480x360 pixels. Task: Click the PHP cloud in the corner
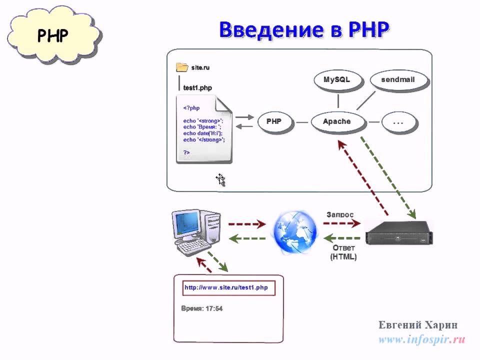pyautogui.click(x=53, y=35)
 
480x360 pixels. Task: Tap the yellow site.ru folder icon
pyautogui.click(x=181, y=67)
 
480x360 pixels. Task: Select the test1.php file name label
pyautogui.click(x=197, y=88)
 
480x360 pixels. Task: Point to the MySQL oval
pyautogui.click(x=336, y=80)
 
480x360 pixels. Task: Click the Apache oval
pyautogui.click(x=336, y=121)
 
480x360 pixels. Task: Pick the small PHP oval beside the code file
pyautogui.click(x=274, y=121)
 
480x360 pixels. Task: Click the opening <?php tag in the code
pyautogui.click(x=191, y=107)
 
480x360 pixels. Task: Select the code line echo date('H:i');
pyautogui.click(x=202, y=133)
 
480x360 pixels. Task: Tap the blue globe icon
pyautogui.click(x=294, y=231)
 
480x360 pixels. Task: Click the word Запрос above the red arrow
pyautogui.click(x=340, y=214)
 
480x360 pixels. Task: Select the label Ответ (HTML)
pyautogui.click(x=343, y=252)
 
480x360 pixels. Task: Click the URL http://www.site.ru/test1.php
pyautogui.click(x=226, y=287)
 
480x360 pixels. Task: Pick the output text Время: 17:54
pyautogui.click(x=201, y=309)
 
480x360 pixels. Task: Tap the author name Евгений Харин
pyautogui.click(x=418, y=325)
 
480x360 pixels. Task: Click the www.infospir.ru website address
pyautogui.click(x=422, y=340)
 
